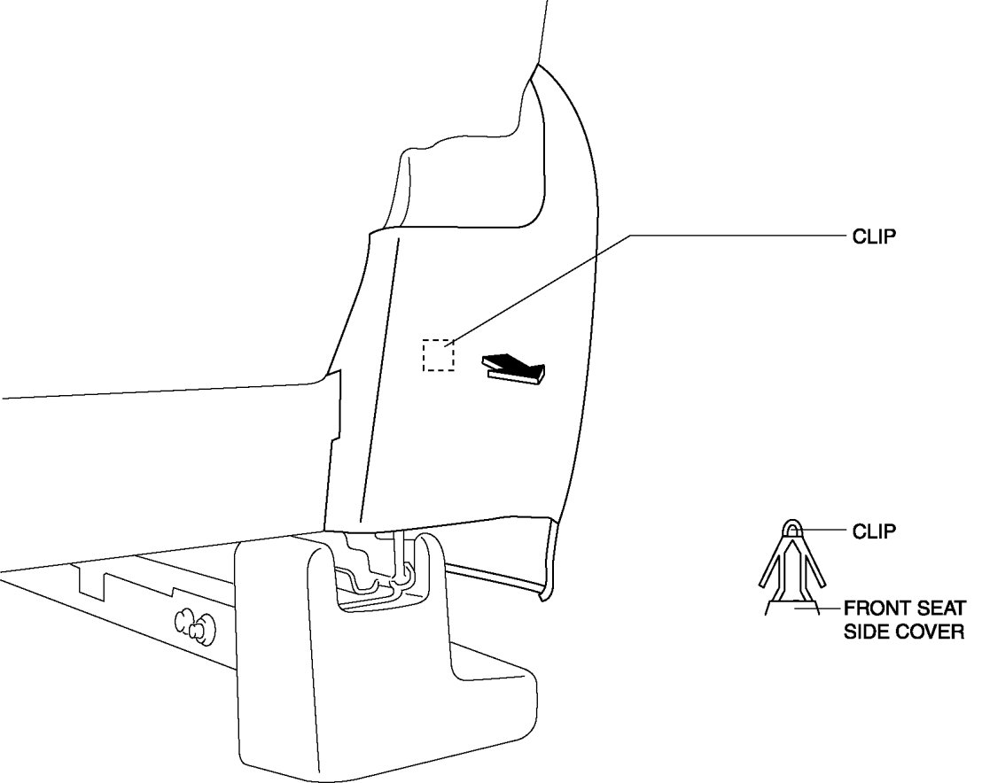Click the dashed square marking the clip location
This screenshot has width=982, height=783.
(x=439, y=355)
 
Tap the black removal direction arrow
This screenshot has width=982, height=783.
(x=514, y=368)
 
